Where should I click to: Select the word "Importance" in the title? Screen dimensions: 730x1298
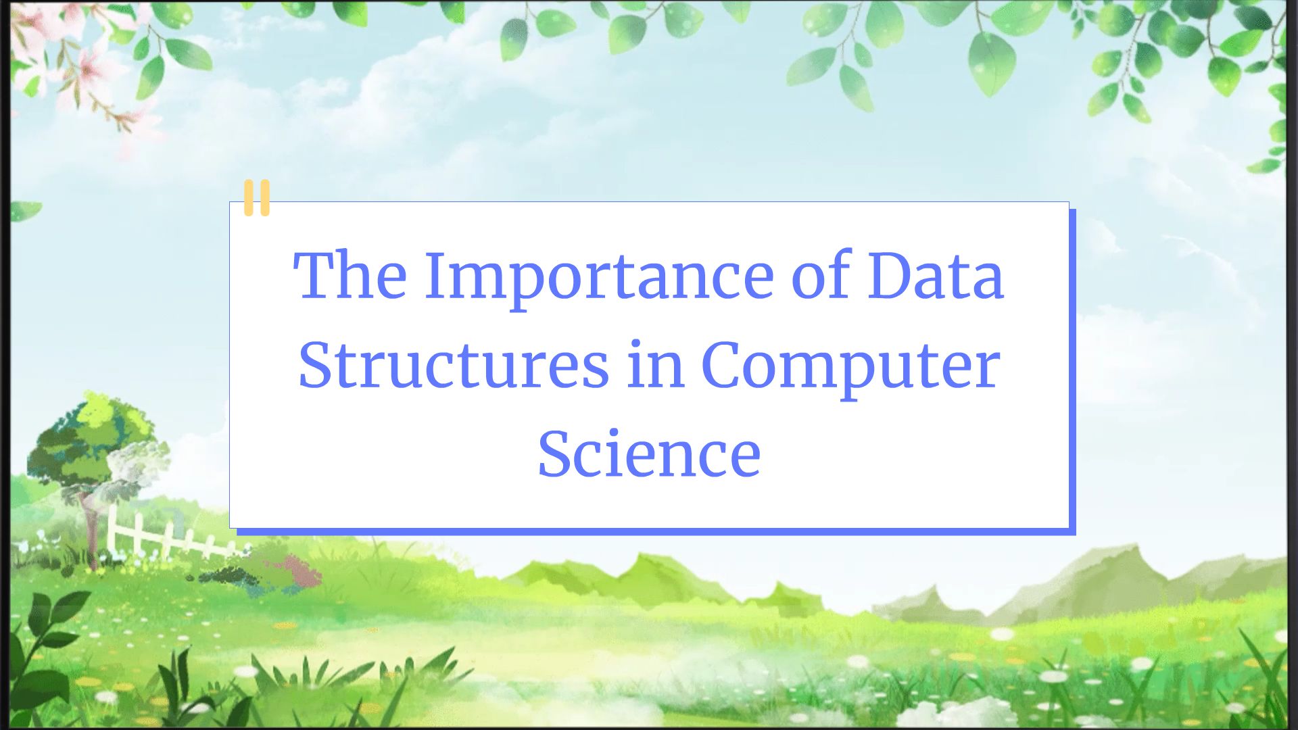pos(598,277)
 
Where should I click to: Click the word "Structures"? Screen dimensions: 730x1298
pos(453,365)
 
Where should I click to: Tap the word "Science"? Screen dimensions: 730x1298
pos(649,454)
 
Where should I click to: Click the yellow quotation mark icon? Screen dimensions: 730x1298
pos(257,197)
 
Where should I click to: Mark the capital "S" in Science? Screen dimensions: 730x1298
pos(556,454)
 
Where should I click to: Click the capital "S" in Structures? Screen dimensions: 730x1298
pos(316,365)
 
